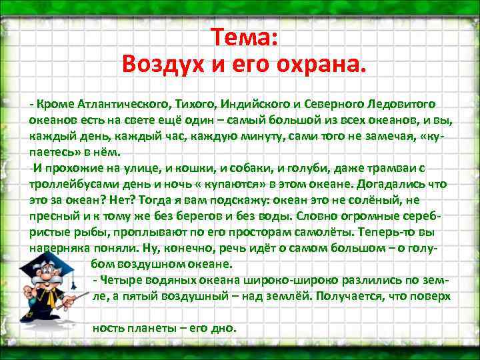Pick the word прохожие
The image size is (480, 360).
pyautogui.click(x=75, y=167)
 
